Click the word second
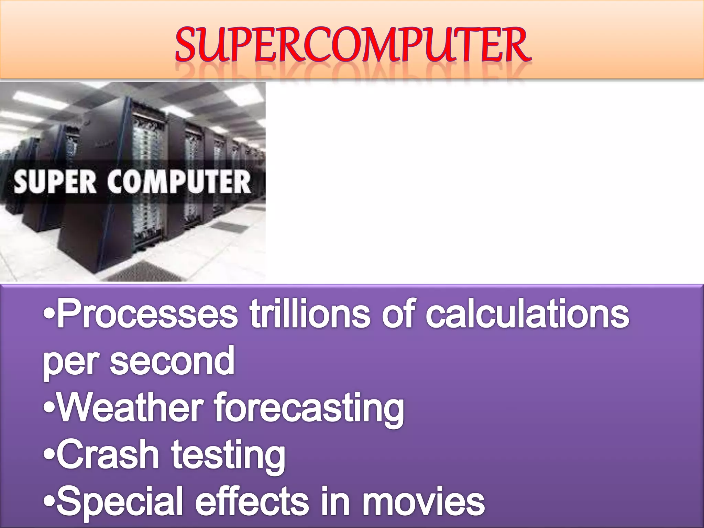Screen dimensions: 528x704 click(x=172, y=361)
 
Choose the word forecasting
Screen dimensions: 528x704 click(x=309, y=409)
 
